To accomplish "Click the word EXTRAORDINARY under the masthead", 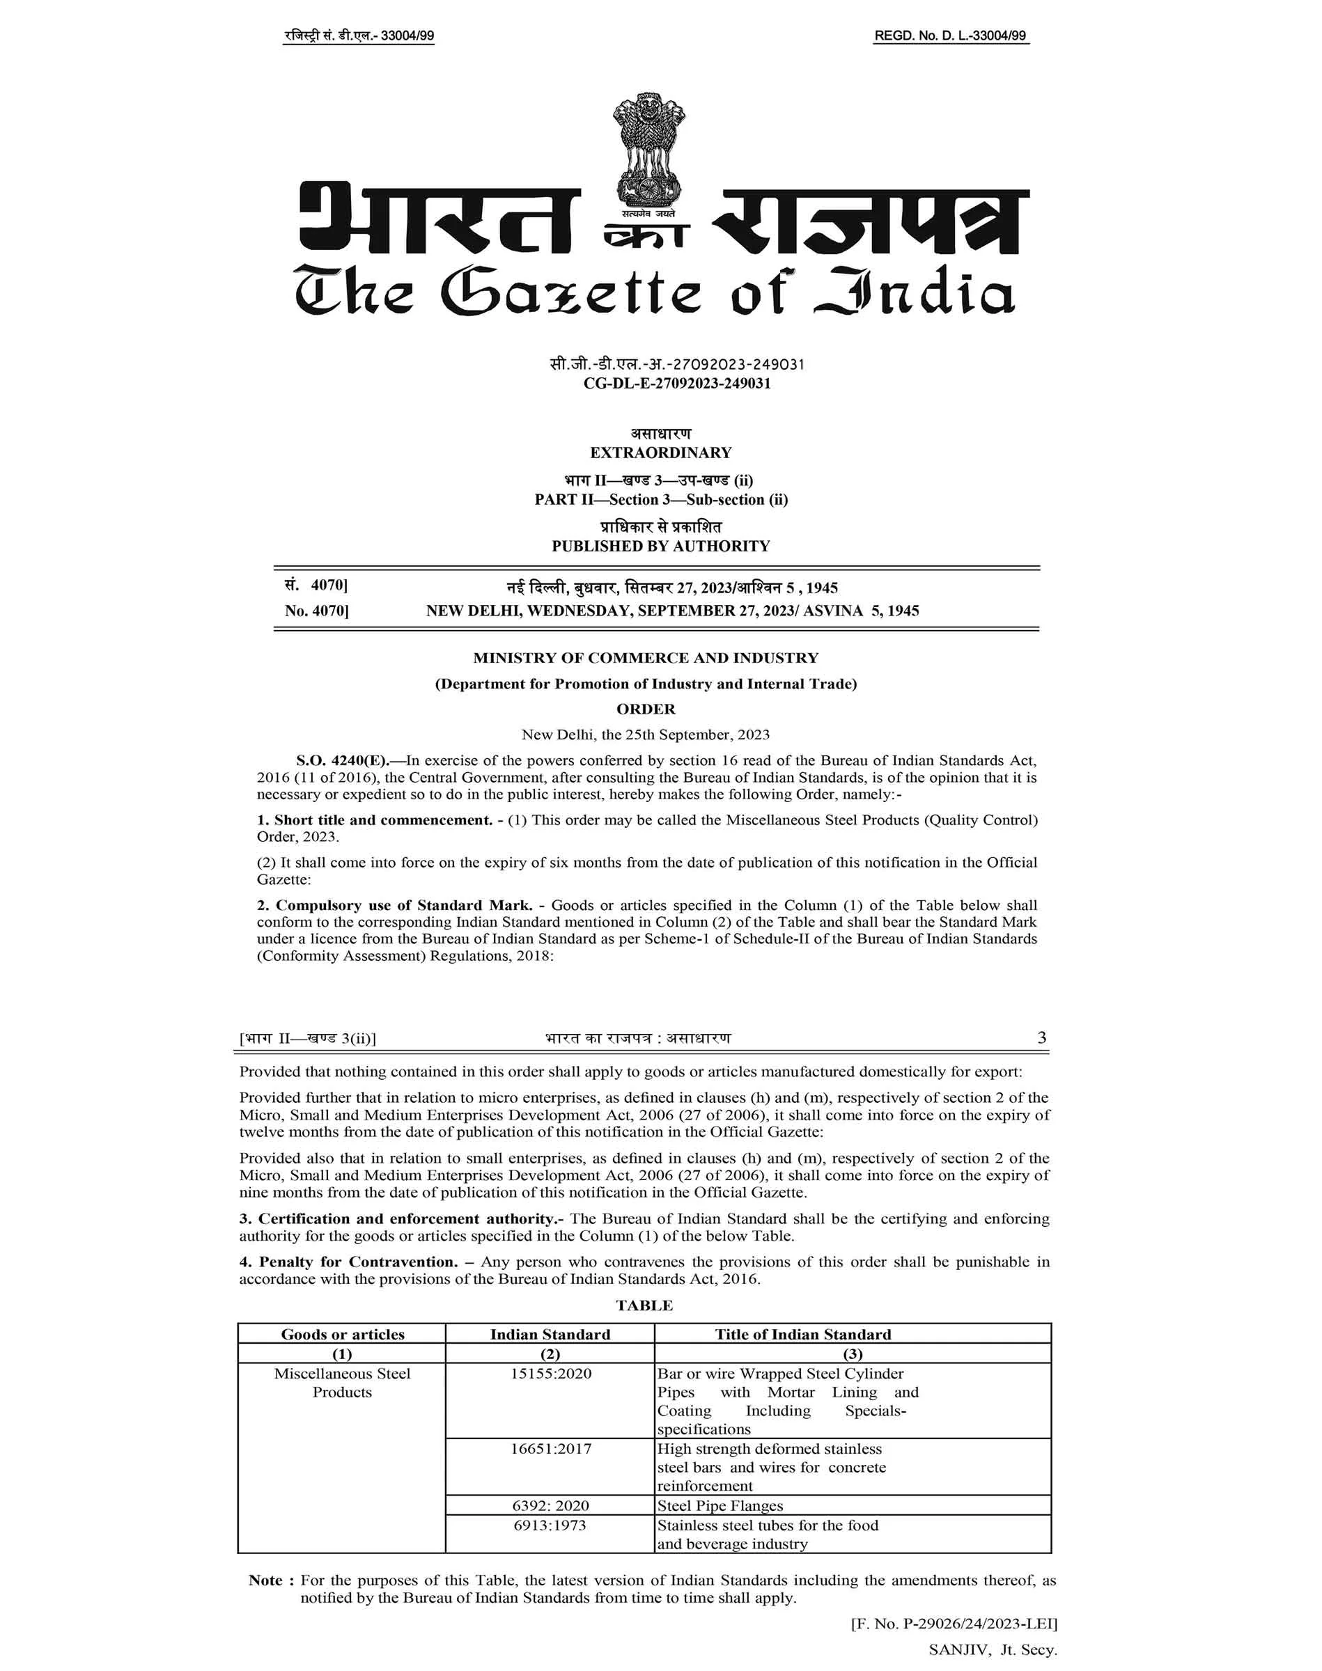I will click(x=660, y=453).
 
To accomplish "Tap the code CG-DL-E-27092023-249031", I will click(x=676, y=384).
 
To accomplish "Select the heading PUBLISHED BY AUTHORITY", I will click(x=660, y=546).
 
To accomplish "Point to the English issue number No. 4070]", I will click(x=316, y=611).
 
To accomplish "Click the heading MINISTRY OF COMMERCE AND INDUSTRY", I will click(x=646, y=659).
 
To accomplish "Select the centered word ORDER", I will click(x=646, y=709).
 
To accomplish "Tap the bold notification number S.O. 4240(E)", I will click(x=346, y=760).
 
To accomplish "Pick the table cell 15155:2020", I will click(x=550, y=1373).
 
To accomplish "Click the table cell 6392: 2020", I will click(x=550, y=1505).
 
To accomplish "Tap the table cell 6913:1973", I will click(x=550, y=1525).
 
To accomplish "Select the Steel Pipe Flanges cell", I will click(x=720, y=1505).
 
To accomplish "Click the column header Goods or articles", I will click(x=342, y=1334).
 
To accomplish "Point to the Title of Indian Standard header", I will click(x=802, y=1334).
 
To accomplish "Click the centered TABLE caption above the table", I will click(x=644, y=1305).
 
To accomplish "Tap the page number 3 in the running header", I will click(x=1042, y=1037).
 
